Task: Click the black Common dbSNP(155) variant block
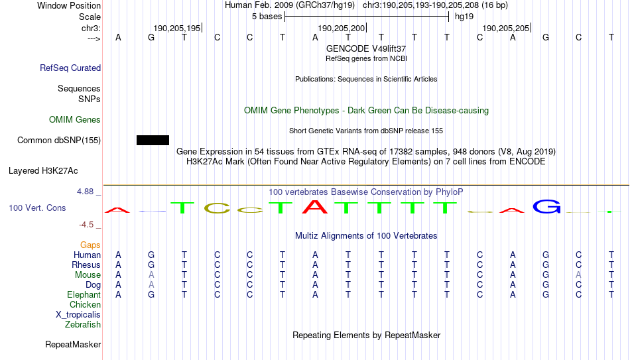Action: pos(153,141)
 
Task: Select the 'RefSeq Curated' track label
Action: pos(70,68)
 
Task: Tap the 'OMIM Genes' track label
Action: pos(75,120)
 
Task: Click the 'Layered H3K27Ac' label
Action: pos(43,171)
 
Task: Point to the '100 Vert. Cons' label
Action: pos(37,208)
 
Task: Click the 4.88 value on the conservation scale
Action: pos(85,192)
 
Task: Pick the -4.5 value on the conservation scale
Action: pos(86,225)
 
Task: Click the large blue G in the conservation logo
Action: pos(546,206)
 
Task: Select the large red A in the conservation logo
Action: pos(315,206)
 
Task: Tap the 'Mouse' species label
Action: pos(88,275)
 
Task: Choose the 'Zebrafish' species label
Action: pos(83,325)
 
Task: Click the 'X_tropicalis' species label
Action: pos(78,315)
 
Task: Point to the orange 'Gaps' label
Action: pos(90,245)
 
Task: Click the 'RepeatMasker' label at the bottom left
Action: pos(73,344)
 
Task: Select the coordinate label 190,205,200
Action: pos(341,28)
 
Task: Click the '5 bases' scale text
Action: pos(267,17)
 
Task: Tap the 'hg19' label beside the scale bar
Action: pos(464,17)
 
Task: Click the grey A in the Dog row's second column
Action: pos(151,285)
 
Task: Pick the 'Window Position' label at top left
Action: pos(69,5)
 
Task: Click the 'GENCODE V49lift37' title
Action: pos(366,48)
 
